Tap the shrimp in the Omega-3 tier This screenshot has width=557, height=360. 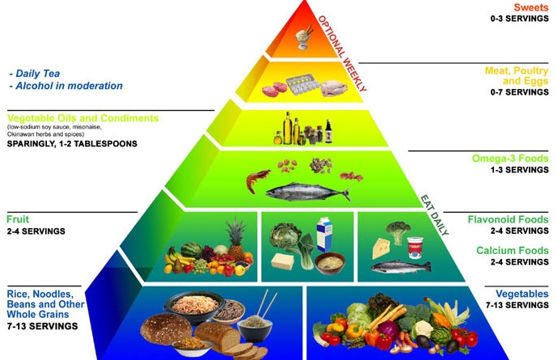(260, 177)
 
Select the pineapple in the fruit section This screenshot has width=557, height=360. (236, 239)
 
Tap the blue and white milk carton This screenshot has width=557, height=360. (324, 235)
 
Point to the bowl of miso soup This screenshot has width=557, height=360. (331, 261)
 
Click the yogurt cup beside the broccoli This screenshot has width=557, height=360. (416, 246)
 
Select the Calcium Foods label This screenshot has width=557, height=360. (513, 250)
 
